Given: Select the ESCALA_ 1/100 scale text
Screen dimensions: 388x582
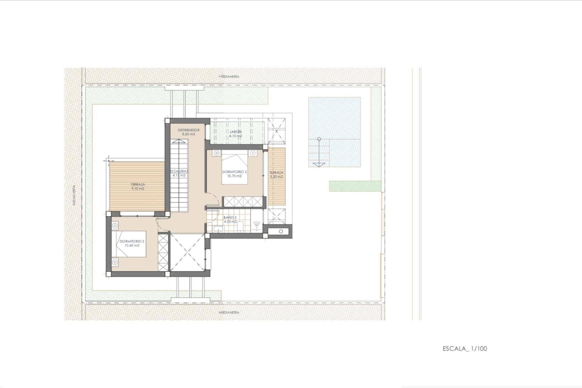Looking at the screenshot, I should (465, 349).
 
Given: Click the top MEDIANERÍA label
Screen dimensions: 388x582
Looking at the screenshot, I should (229, 76).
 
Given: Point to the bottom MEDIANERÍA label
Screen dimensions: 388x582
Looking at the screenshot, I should (229, 312).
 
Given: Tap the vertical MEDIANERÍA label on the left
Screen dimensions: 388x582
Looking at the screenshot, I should (74, 195).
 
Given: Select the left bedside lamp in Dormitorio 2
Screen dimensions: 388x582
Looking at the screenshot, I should (216, 153).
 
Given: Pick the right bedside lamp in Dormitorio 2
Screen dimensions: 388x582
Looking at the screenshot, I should (253, 153).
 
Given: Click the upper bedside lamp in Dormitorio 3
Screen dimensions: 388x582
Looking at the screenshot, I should (115, 226).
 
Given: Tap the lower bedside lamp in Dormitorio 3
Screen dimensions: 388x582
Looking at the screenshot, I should (115, 262).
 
